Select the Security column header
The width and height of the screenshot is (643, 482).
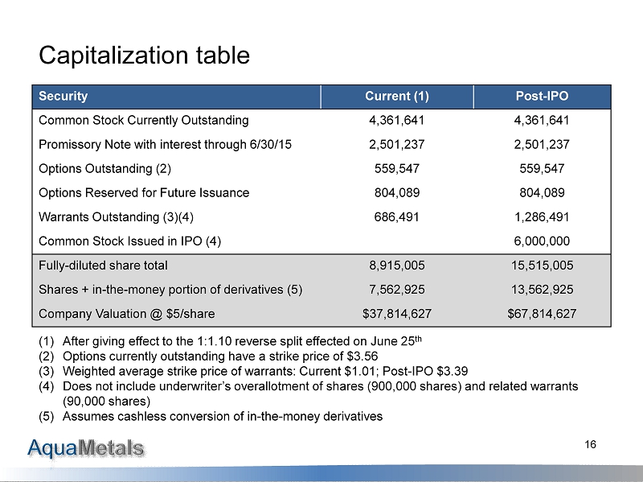point(63,97)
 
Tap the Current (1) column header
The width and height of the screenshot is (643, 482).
point(397,97)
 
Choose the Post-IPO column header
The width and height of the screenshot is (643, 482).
point(542,97)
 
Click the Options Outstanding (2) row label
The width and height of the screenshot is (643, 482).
point(104,169)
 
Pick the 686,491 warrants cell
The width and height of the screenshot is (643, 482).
point(397,216)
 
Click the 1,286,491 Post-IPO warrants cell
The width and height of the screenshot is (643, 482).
point(542,216)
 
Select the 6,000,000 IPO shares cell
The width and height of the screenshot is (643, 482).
point(542,241)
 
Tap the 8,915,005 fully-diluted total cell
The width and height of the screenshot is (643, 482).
point(397,265)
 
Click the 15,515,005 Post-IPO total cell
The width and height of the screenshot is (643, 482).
point(542,265)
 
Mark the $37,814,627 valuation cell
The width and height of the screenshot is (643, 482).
point(397,313)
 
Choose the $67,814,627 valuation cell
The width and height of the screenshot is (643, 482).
point(542,313)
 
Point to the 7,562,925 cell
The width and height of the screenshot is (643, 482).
point(397,289)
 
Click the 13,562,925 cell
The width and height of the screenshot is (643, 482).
point(542,289)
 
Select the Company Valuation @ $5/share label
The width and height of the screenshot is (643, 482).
point(126,313)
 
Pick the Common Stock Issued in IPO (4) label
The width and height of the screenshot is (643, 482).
point(129,241)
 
